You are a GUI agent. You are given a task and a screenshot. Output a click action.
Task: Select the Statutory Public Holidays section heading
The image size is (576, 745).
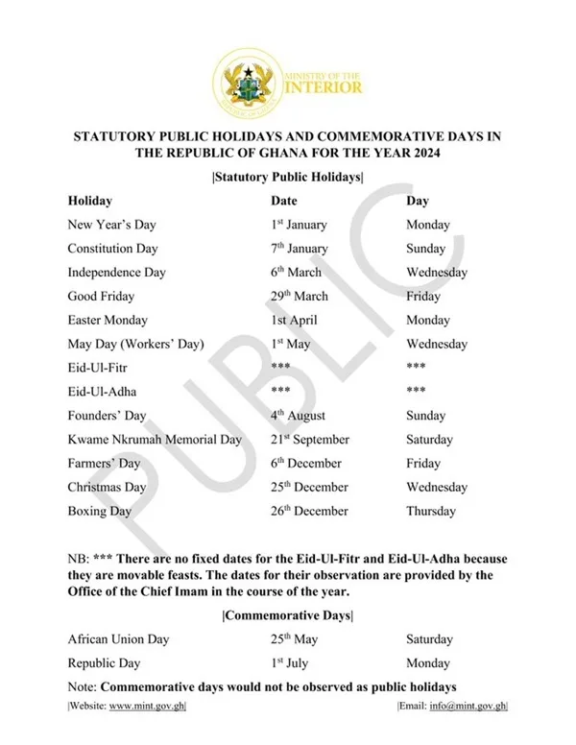coord(287,177)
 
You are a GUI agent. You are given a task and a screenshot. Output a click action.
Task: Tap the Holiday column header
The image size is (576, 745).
coord(89,201)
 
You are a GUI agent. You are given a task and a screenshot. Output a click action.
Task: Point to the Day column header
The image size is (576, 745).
coord(417,201)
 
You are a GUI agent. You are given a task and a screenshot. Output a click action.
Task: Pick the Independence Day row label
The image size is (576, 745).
coord(116,273)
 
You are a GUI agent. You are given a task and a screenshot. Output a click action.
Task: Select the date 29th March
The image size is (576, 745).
coord(299,297)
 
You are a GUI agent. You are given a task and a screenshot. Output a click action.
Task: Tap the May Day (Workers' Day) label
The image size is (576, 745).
coord(133,344)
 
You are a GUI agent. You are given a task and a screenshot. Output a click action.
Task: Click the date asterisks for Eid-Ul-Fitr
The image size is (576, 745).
coord(280,368)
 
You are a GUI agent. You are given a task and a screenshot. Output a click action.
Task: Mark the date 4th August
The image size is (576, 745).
coord(298,416)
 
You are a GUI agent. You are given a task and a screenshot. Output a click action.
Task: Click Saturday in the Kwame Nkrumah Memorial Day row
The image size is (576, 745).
coord(429,440)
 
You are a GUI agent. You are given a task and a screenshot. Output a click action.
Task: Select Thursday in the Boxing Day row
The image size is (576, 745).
coord(430,512)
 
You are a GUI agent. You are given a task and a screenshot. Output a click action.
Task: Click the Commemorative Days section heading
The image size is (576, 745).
coord(287,615)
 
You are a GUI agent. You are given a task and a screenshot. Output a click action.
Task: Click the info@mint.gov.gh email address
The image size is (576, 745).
coord(468,707)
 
